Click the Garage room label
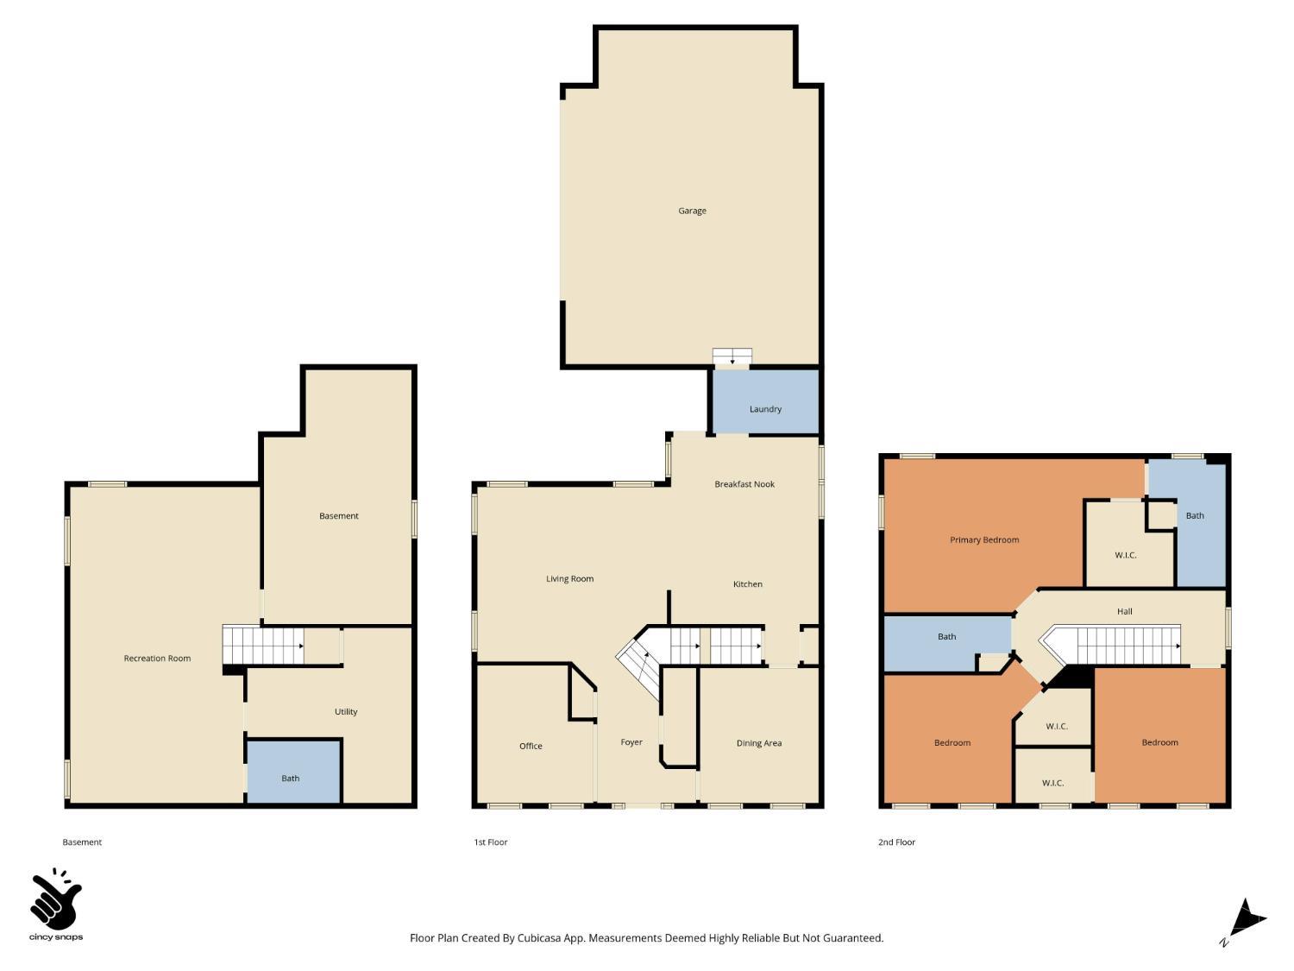[x=692, y=211]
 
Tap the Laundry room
[x=765, y=409]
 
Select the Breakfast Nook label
[x=744, y=484]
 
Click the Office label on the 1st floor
[x=531, y=746]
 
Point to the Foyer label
[x=631, y=742]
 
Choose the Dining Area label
[x=759, y=743]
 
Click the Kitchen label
[x=748, y=584]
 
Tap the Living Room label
[x=569, y=579]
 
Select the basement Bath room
[x=291, y=778]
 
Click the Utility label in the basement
[x=346, y=712]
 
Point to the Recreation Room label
[x=157, y=659]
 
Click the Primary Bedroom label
[x=984, y=540]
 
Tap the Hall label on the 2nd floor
[x=1125, y=611]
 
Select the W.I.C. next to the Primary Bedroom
[x=1126, y=555]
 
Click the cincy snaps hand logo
[x=55, y=900]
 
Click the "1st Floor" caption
[x=490, y=842]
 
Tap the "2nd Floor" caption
[x=896, y=842]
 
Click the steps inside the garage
[x=732, y=356]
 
